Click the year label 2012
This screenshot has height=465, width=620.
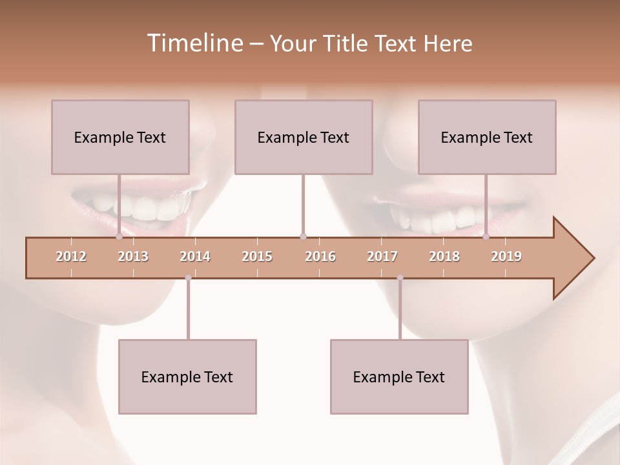(71, 256)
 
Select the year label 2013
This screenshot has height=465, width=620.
(133, 256)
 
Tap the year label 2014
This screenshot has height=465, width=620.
(195, 256)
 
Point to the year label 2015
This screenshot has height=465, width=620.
(257, 256)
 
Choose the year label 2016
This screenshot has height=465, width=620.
(320, 256)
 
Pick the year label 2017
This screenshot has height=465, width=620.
(382, 256)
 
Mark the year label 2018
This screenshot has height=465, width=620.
(444, 256)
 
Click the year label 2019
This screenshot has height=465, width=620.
(506, 256)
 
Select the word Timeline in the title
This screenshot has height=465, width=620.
(193, 43)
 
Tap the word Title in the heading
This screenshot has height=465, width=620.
(348, 44)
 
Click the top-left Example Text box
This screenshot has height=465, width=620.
(120, 137)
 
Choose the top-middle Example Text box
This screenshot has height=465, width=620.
(304, 137)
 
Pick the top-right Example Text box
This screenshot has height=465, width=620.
(487, 137)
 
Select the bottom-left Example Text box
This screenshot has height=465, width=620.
(187, 377)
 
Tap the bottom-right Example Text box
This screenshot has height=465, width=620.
(399, 377)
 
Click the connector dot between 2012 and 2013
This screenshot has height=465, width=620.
(119, 237)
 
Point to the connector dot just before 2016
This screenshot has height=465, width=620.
(304, 237)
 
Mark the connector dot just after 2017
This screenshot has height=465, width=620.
(400, 278)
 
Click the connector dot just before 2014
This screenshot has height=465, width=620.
(188, 278)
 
